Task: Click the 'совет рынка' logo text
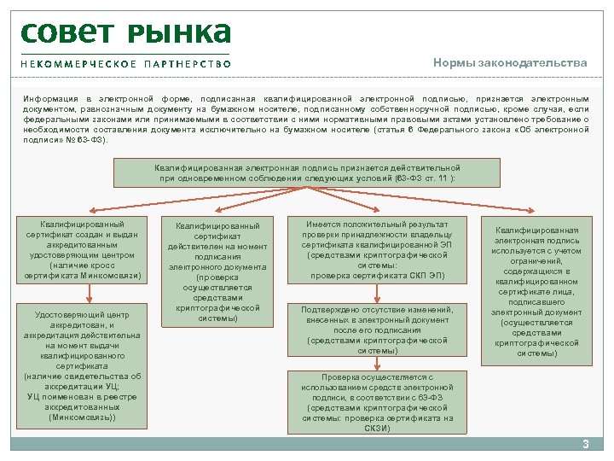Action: tap(125, 32)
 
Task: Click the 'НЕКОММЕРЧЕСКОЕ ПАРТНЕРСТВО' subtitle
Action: tap(125, 64)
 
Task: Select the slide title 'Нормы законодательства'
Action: tap(510, 63)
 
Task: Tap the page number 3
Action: tap(585, 443)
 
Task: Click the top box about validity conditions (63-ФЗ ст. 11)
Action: tap(307, 173)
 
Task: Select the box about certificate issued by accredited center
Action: tap(83, 249)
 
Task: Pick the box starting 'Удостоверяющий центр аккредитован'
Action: tap(83, 364)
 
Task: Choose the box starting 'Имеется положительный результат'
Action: tap(377, 249)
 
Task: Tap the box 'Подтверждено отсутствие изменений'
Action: tap(377, 330)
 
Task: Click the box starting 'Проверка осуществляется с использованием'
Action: tap(377, 402)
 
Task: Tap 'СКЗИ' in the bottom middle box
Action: tap(377, 428)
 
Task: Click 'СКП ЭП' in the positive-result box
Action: tap(426, 276)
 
